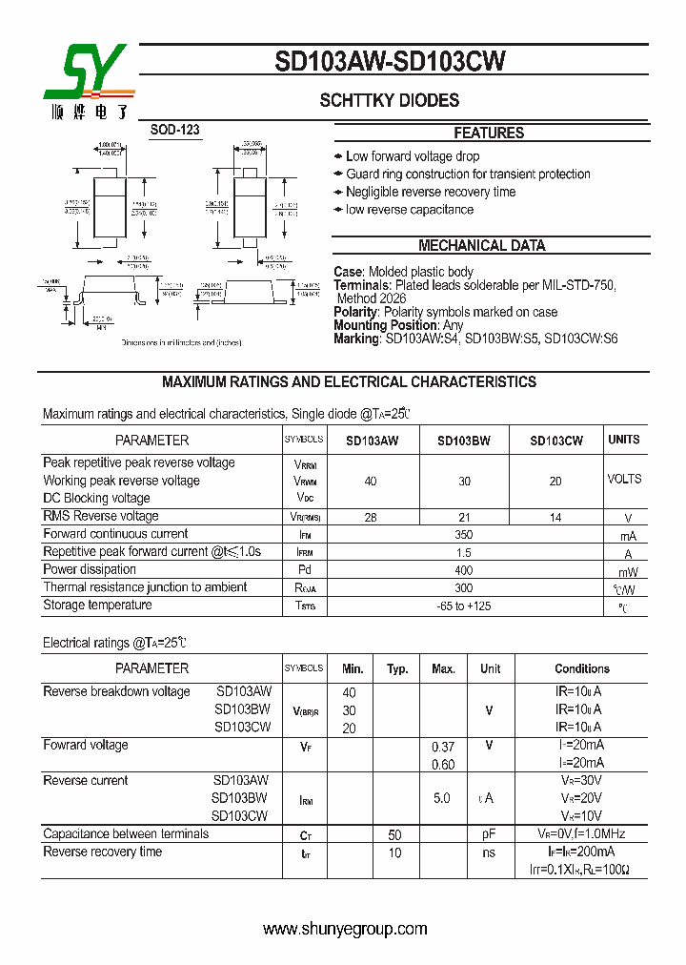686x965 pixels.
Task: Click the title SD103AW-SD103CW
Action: click(390, 62)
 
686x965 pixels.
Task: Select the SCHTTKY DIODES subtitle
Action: click(389, 100)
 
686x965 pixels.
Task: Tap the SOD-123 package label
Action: click(175, 130)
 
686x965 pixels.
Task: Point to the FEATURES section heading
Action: click(489, 133)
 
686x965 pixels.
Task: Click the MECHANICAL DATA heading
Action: click(482, 246)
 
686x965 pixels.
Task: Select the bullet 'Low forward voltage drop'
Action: click(413, 156)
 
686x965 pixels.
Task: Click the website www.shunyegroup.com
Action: click(345, 929)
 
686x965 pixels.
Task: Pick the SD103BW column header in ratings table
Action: click(464, 441)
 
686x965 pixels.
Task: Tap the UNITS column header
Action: click(624, 440)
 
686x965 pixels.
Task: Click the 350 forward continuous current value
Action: click(464, 535)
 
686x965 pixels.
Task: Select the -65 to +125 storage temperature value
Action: click(464, 606)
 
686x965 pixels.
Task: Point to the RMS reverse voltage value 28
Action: click(371, 517)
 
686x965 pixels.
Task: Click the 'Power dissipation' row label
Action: click(87, 569)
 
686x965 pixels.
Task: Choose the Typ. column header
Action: click(397, 669)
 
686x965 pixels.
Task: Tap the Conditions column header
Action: click(582, 669)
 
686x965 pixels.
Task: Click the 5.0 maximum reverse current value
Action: click(442, 798)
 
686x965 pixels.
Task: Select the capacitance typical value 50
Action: click(394, 834)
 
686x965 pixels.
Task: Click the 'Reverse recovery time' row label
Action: click(103, 852)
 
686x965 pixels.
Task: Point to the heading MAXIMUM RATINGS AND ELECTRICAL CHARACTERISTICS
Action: click(349, 382)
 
